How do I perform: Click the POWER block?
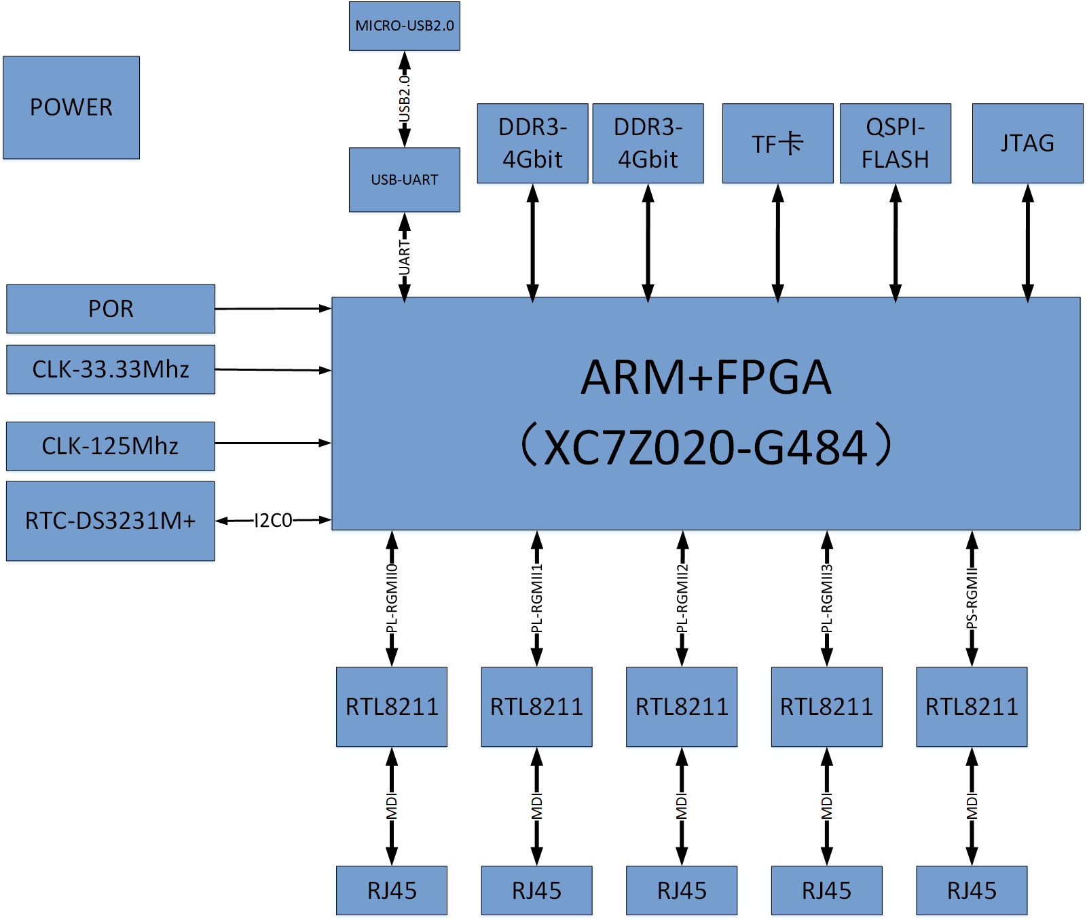[71, 107]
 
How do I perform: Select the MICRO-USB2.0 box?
[405, 26]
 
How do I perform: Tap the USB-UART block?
[405, 180]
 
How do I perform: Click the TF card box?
[777, 143]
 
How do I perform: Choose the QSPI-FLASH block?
[895, 143]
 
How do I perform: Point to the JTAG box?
[1027, 143]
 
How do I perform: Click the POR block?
[111, 309]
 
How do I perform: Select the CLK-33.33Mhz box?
[111, 369]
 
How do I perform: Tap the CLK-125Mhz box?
[111, 446]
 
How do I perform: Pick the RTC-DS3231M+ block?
[111, 521]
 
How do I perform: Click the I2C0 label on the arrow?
[273, 521]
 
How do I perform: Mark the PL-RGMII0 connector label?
[392, 598]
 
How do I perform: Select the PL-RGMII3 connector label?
[826, 598]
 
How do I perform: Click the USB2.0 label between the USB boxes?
[405, 99]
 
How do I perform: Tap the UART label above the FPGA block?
[405, 257]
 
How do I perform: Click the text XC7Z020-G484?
[706, 447]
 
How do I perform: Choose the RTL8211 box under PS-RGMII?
[972, 707]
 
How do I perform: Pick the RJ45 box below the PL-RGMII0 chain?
[392, 890]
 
